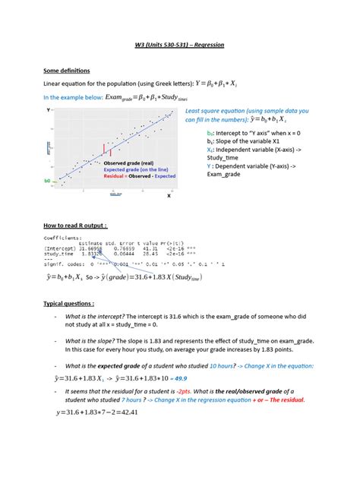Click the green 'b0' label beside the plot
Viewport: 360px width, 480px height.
[x=47, y=181]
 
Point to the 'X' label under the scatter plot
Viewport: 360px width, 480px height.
[x=169, y=195]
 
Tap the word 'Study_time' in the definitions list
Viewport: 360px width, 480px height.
[x=220, y=158]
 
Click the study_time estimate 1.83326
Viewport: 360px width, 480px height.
[x=92, y=253]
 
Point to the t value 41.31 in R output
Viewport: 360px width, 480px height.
[x=150, y=248]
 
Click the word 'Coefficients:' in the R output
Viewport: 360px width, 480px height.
[x=62, y=237]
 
